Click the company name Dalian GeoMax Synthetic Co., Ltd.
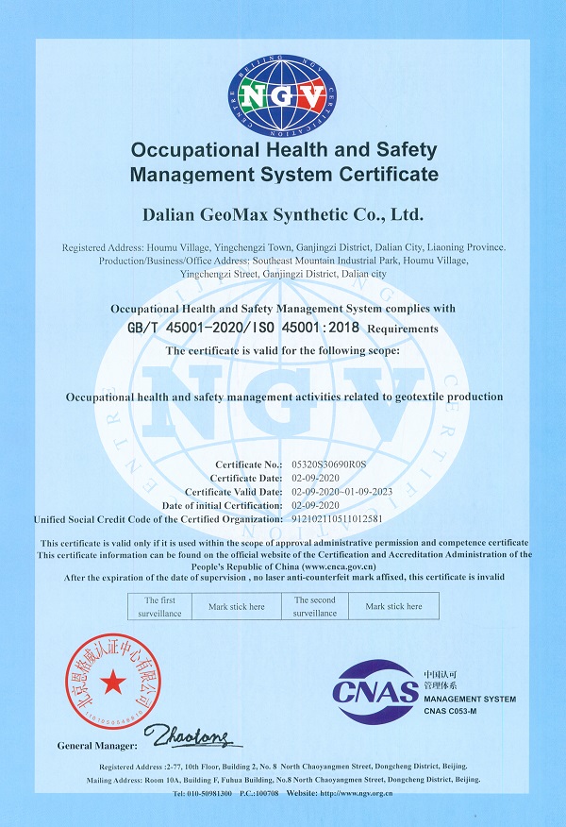(x=284, y=215)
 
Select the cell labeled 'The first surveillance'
(x=159, y=606)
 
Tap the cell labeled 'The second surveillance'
(x=314, y=606)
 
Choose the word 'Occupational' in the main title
(x=189, y=150)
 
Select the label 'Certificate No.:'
(x=249, y=464)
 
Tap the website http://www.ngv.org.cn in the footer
(x=356, y=794)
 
